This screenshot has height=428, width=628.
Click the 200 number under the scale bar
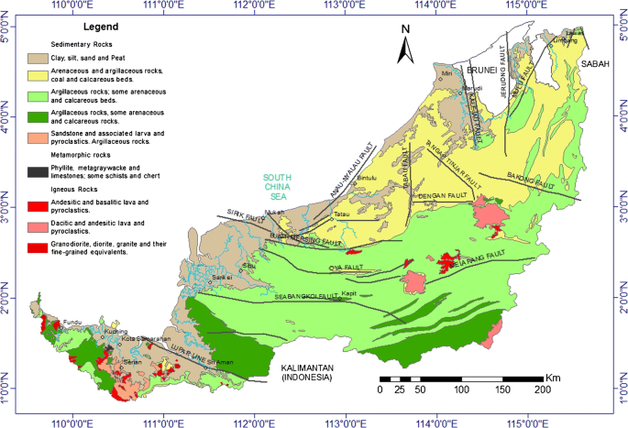[x=541, y=390]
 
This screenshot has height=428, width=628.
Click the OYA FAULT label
[x=340, y=269]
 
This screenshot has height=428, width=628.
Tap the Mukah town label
[x=274, y=213]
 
